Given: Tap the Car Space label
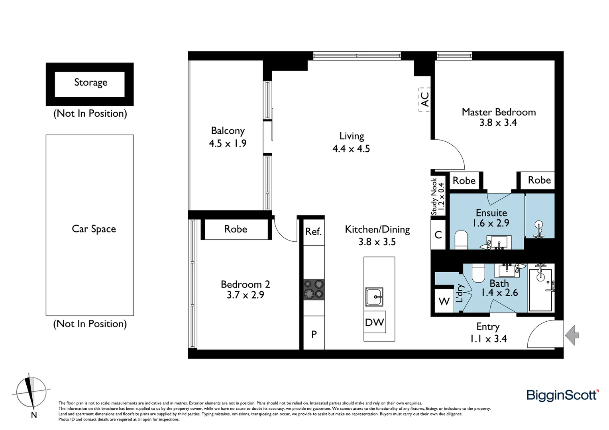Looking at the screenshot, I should click(x=94, y=229).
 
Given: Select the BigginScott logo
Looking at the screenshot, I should click(x=562, y=395).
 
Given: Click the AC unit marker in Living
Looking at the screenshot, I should click(x=425, y=100).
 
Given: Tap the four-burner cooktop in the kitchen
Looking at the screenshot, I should click(x=314, y=289).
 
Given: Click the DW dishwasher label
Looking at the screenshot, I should click(x=375, y=322).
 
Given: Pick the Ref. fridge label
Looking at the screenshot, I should click(x=313, y=232).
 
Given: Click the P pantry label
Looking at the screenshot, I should click(x=314, y=334).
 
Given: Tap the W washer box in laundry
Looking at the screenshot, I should click(x=444, y=301).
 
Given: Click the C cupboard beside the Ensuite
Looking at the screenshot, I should click(x=438, y=235).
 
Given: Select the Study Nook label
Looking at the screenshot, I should click(x=437, y=196).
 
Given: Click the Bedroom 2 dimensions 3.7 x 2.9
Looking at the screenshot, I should click(x=245, y=295).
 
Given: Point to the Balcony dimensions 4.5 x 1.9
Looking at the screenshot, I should click(x=228, y=143).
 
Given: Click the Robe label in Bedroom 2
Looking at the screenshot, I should click(x=236, y=229).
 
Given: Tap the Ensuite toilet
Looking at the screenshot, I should click(x=461, y=240).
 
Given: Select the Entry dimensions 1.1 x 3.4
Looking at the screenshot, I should click(x=488, y=339).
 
